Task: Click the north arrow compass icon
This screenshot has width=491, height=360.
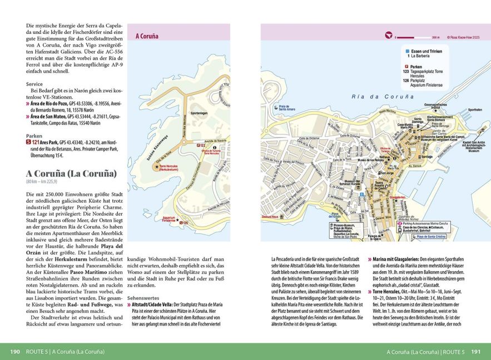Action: pos(388,36)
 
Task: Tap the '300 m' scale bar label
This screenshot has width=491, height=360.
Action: pos(435,37)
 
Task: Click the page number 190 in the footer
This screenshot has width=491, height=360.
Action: pos(15,352)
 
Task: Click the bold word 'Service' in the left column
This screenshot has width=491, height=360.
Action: pos(34,84)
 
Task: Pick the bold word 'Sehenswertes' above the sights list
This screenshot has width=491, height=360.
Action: pos(143,298)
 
